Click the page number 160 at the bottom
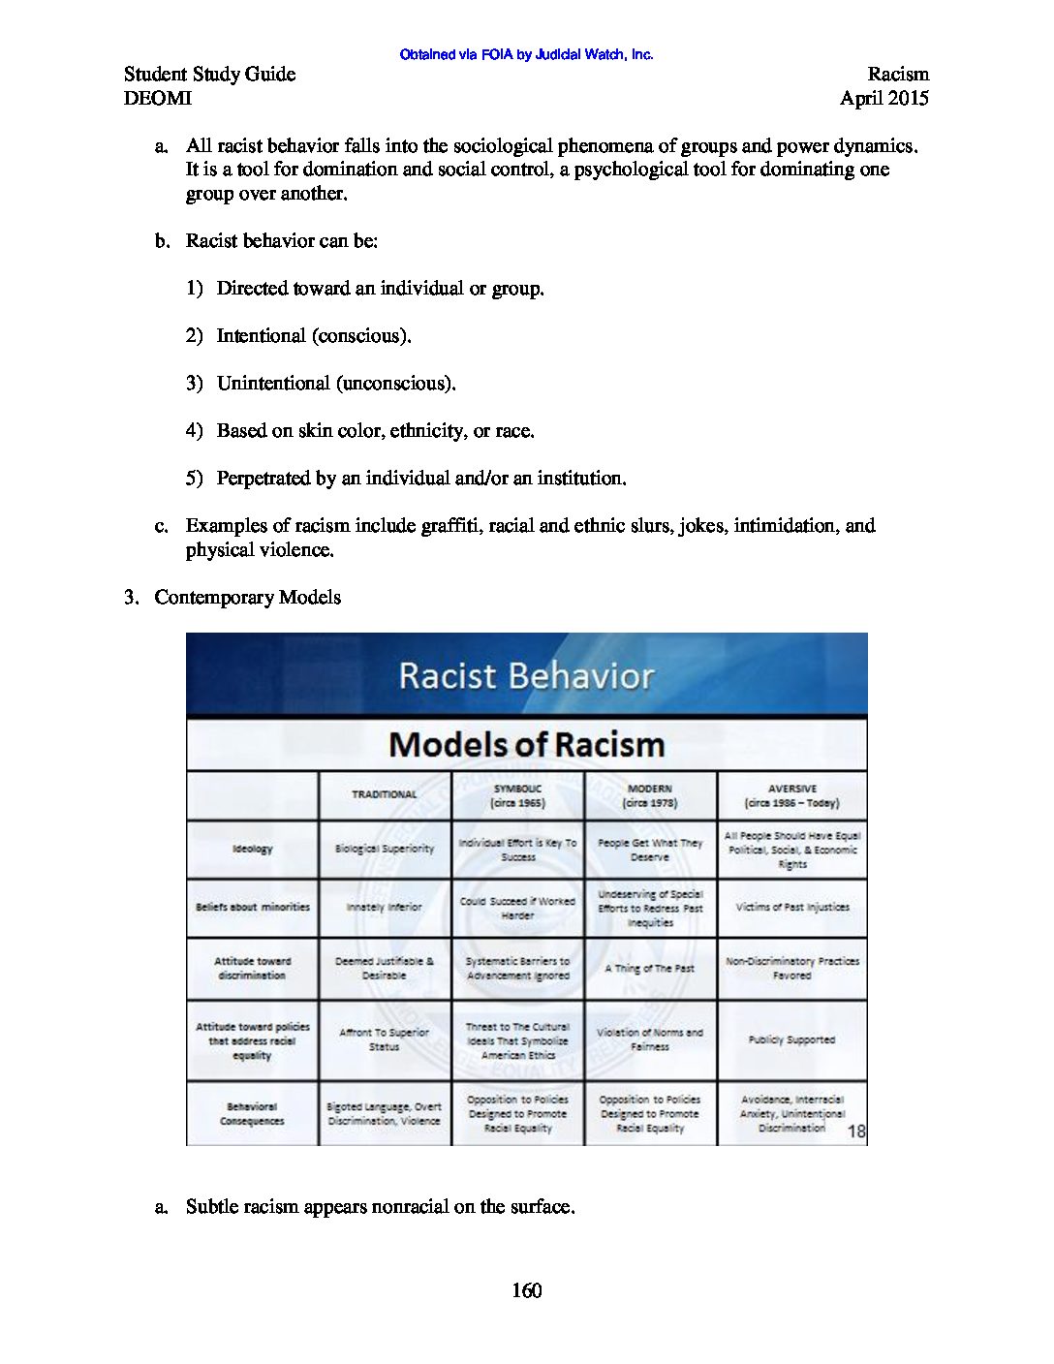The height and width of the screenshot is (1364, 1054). (526, 1290)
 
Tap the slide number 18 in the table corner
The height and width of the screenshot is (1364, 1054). (856, 1131)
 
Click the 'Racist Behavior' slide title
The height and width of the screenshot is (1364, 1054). (526, 675)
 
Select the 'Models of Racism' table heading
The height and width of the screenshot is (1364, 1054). (526, 744)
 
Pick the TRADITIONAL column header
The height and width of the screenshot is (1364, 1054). (385, 794)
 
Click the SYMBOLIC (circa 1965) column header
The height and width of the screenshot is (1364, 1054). (518, 795)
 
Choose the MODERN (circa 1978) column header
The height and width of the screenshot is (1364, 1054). (650, 795)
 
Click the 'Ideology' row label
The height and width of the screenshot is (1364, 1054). (252, 849)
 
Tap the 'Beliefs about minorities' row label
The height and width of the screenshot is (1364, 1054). (252, 907)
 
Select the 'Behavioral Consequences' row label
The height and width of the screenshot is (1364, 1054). (252, 1113)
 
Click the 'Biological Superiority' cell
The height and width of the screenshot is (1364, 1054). (385, 849)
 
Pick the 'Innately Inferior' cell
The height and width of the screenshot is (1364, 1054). (385, 907)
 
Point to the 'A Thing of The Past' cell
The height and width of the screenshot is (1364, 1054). (650, 968)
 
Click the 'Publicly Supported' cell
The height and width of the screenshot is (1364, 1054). (791, 1039)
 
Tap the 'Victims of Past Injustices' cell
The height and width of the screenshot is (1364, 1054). (791, 907)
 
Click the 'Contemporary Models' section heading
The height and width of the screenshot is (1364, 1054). (247, 597)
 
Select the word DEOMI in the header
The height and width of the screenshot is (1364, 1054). (157, 98)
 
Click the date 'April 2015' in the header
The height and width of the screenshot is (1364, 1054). (883, 98)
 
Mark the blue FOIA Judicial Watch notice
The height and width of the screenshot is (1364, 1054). (526, 54)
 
